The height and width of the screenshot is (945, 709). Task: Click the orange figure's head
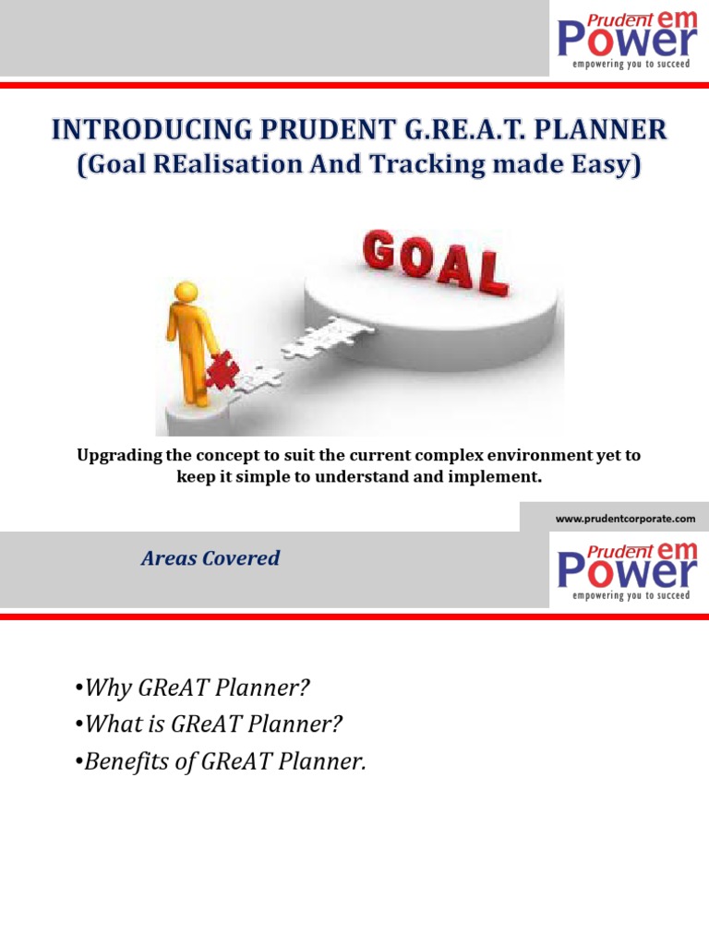pyautogui.click(x=187, y=293)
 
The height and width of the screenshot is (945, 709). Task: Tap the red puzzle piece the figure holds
pyautogui.click(x=222, y=371)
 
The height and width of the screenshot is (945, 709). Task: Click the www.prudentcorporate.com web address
pyautogui.click(x=625, y=519)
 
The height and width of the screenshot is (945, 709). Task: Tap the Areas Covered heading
pyautogui.click(x=210, y=558)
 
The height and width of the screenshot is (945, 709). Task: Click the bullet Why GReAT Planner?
pyautogui.click(x=191, y=688)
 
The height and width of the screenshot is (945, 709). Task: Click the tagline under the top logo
pyautogui.click(x=631, y=65)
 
